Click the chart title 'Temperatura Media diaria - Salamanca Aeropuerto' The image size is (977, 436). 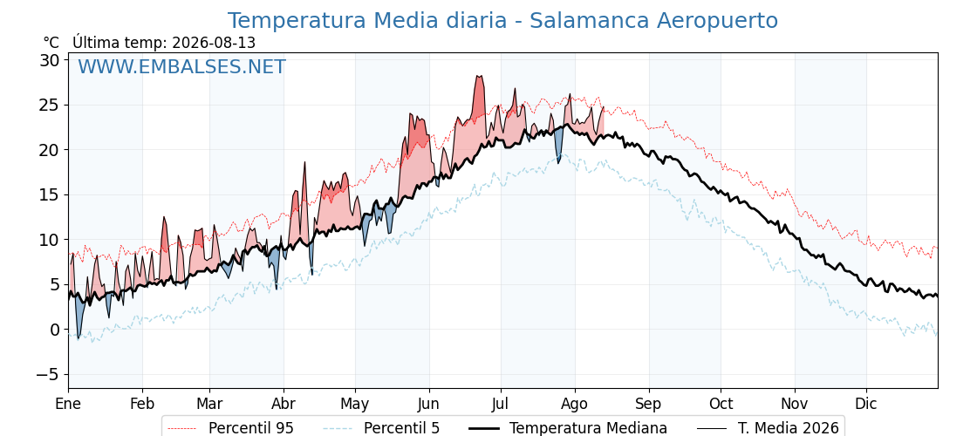(502, 21)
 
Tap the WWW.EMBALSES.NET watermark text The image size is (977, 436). (181, 66)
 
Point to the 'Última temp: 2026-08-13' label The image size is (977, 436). (164, 43)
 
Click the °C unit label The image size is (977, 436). (51, 43)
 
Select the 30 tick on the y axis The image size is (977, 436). (50, 60)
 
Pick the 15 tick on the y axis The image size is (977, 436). (50, 195)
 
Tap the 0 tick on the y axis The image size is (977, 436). (54, 330)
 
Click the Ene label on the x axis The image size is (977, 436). (68, 404)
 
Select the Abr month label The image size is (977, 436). (284, 404)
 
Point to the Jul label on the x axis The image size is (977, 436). (501, 404)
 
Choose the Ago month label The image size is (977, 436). (575, 405)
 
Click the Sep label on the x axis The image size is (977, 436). (649, 405)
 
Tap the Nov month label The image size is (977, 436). (795, 404)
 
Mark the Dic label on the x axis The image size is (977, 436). (866, 404)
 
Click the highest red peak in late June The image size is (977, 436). (479, 77)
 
